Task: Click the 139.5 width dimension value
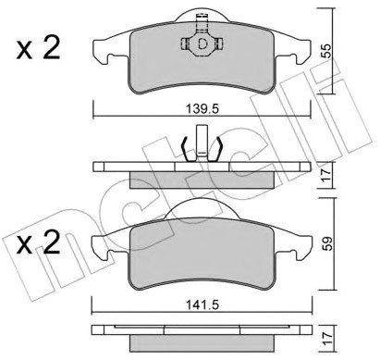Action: pos(202,108)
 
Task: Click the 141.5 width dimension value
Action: pos(202,305)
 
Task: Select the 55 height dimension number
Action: pos(325,51)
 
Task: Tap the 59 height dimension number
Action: pos(326,243)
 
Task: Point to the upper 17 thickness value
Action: pos(325,175)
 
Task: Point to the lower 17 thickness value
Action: pos(327,339)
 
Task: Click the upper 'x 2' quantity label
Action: pos(38,48)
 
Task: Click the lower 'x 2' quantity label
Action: pos(38,242)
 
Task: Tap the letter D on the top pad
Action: pos(202,44)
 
